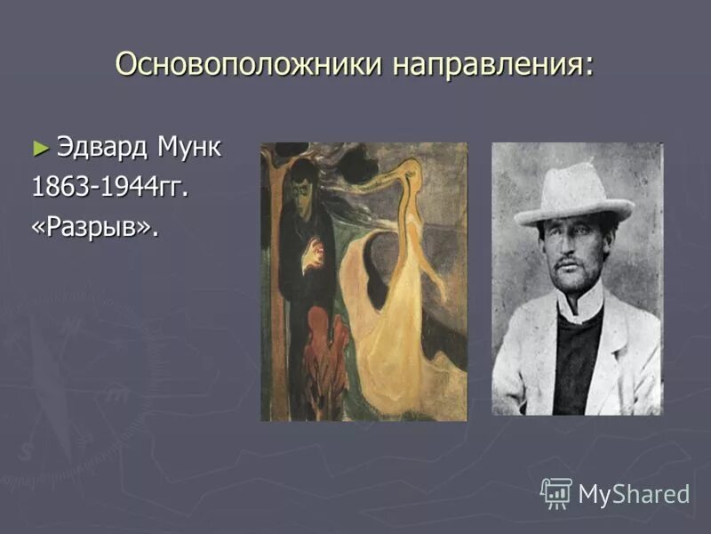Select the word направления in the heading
(493, 64)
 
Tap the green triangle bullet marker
(39, 147)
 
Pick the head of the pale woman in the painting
(411, 169)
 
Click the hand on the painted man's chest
(312, 255)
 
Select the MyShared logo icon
(556, 491)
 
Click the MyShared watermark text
(634, 494)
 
